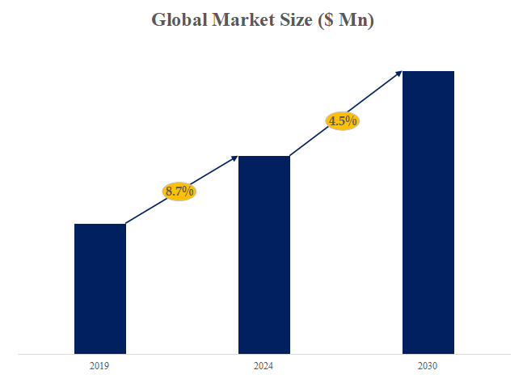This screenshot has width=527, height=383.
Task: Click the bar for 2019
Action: pyautogui.click(x=100, y=288)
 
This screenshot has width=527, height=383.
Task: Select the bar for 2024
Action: pyautogui.click(x=264, y=255)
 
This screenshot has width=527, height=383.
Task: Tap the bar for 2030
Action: pyautogui.click(x=428, y=212)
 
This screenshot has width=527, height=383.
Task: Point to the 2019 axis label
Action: pyautogui.click(x=99, y=367)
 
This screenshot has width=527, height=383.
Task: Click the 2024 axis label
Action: pyautogui.click(x=263, y=367)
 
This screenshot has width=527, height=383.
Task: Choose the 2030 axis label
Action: pyautogui.click(x=428, y=367)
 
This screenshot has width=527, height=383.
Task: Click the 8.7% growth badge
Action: pyautogui.click(x=179, y=191)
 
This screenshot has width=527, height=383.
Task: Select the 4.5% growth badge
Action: pyautogui.click(x=343, y=121)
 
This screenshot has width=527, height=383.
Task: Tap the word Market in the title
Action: pyautogui.click(x=242, y=21)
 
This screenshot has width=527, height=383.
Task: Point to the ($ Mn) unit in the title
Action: pyautogui.click(x=345, y=21)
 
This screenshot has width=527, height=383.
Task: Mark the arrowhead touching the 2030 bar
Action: pyautogui.click(x=398, y=74)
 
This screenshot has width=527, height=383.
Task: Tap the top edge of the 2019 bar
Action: pyautogui.click(x=100, y=225)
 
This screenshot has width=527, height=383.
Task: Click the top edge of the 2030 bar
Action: pyautogui.click(x=428, y=72)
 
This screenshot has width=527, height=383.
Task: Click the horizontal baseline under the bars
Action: pyautogui.click(x=263, y=354)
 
